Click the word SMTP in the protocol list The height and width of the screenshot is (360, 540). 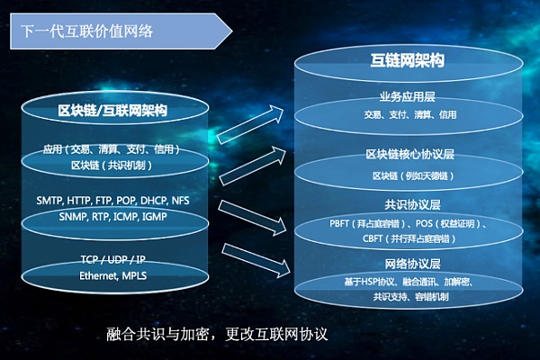pos(51,200)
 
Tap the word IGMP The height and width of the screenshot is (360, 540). pos(152,216)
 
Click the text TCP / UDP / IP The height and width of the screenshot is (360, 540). pos(112,261)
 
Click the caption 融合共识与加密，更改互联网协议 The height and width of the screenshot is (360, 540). pos(218,334)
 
